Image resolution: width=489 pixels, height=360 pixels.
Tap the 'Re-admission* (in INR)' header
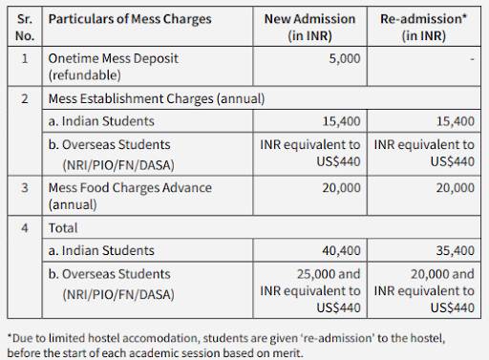pyautogui.click(x=424, y=29)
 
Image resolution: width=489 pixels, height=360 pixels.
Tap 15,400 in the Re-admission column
pyautogui.click(x=454, y=121)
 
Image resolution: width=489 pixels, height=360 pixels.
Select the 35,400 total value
pyautogui.click(x=454, y=250)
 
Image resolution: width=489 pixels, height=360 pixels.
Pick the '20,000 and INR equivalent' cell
pyautogui.click(x=423, y=289)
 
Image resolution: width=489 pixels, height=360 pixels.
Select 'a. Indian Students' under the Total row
pyautogui.click(x=101, y=250)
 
